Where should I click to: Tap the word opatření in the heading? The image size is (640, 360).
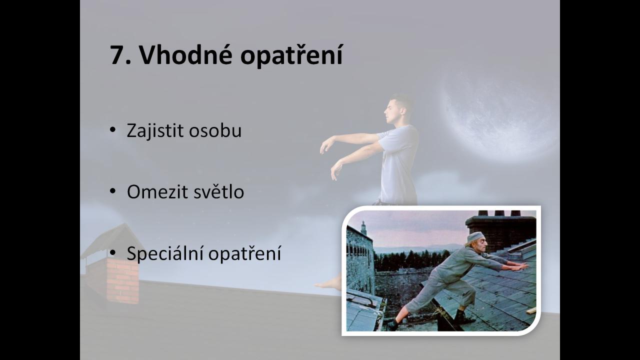pos(291,55)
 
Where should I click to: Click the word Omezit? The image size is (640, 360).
pos(157,191)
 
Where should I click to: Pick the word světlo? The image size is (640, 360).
pos(219,191)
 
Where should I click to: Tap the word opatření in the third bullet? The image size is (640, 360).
pos(244,253)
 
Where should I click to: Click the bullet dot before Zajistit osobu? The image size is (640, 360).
pos(112,129)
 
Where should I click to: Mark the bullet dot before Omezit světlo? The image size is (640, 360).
pos(112,191)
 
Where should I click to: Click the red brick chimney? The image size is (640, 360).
pos(123,280)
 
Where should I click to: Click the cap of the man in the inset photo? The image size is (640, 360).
pos(475,236)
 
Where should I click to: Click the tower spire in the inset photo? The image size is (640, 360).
pos(363,227)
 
